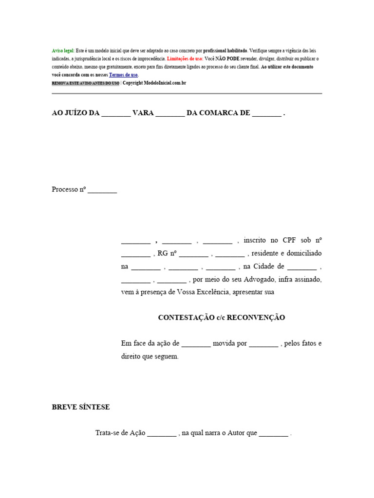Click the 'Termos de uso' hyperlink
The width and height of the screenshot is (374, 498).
coord(124,75)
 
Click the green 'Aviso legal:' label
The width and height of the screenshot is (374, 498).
coord(63,51)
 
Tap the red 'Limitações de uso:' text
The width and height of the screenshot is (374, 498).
coord(185,58)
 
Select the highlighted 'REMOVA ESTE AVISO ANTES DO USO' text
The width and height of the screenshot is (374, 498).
coord(85,83)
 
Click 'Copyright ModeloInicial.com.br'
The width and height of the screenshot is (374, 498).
coord(154,83)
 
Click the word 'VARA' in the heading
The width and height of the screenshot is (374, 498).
coord(143,113)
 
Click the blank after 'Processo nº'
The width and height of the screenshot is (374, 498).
coord(102,190)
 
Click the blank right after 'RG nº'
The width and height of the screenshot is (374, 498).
coord(194,254)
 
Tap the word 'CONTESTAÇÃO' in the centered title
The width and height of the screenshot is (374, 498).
coord(186,318)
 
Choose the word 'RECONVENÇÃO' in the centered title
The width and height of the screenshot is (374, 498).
coord(256,318)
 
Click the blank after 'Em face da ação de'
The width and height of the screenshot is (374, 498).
coord(196,344)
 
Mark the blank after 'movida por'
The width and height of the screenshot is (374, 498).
coord(263,344)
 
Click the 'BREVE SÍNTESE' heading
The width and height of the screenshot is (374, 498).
coord(81,407)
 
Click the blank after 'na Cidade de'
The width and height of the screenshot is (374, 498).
coord(302,267)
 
